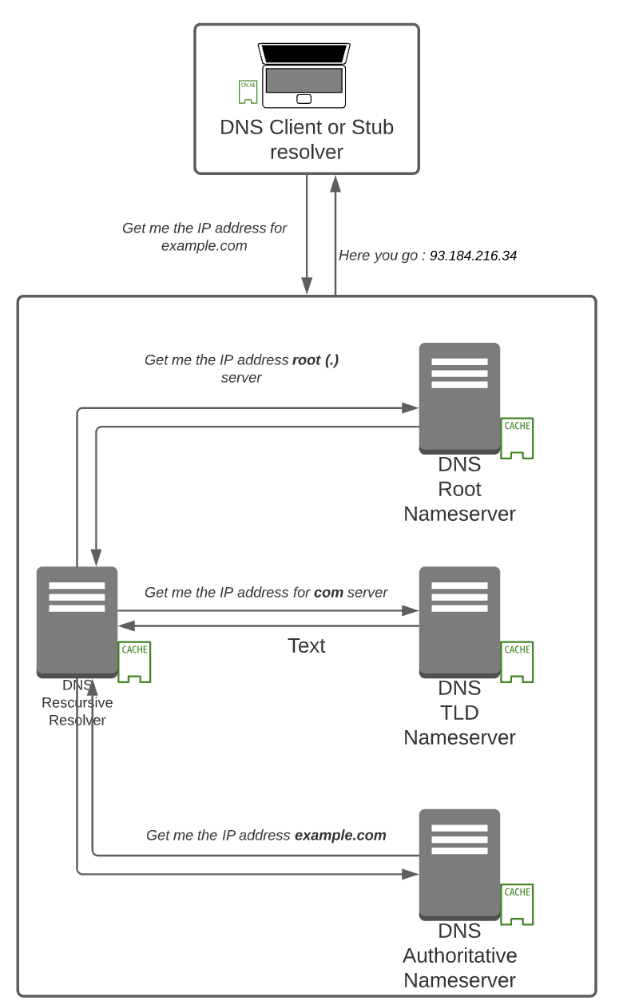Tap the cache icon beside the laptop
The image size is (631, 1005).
[x=248, y=92]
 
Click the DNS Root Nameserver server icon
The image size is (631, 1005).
[x=459, y=398]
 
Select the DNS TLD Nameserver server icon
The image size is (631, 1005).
[x=459, y=622]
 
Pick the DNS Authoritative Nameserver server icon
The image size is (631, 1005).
[x=459, y=864]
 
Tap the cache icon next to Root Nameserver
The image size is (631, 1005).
[x=517, y=438]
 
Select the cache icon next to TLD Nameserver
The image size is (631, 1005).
[x=517, y=661]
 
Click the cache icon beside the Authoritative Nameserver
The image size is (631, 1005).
[x=517, y=904]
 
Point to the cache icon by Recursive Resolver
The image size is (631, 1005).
[x=134, y=661]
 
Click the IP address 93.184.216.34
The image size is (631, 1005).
[x=473, y=256]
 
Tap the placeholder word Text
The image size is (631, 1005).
[x=306, y=646]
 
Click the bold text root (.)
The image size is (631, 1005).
[x=315, y=359]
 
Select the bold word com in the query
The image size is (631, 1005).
[x=328, y=592]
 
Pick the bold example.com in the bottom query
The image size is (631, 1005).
[x=340, y=835]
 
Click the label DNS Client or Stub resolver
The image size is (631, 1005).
[x=307, y=139]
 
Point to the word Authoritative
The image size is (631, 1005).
[x=459, y=955]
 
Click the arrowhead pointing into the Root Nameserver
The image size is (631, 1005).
[x=411, y=407]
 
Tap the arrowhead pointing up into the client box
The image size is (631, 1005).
[x=335, y=184]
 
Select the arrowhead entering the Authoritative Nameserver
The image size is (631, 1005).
[x=411, y=874]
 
